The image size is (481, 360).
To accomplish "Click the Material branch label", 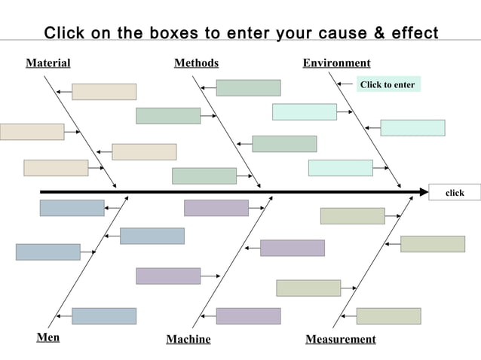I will point(48,63).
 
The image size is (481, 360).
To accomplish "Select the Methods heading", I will point(196,63).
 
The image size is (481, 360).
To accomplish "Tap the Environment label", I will point(336,63).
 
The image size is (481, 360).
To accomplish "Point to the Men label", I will point(48,337).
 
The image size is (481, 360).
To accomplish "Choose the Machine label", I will point(188,339).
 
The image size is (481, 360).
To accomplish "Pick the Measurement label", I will point(340,339).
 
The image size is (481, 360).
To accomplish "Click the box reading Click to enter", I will point(387,84).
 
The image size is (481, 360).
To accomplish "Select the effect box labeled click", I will point(455,193).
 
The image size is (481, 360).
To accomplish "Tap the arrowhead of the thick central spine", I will point(424,192).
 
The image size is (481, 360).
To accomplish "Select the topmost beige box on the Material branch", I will point(104,92).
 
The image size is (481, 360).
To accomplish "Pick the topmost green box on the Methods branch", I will point(248,88).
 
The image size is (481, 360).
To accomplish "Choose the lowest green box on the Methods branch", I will point(204,175).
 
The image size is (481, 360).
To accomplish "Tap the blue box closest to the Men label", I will point(104,316).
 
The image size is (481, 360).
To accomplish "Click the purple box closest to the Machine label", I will point(248,316).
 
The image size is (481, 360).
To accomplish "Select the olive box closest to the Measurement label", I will point(388,316).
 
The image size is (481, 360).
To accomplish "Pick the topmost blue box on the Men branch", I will point(72,208).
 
